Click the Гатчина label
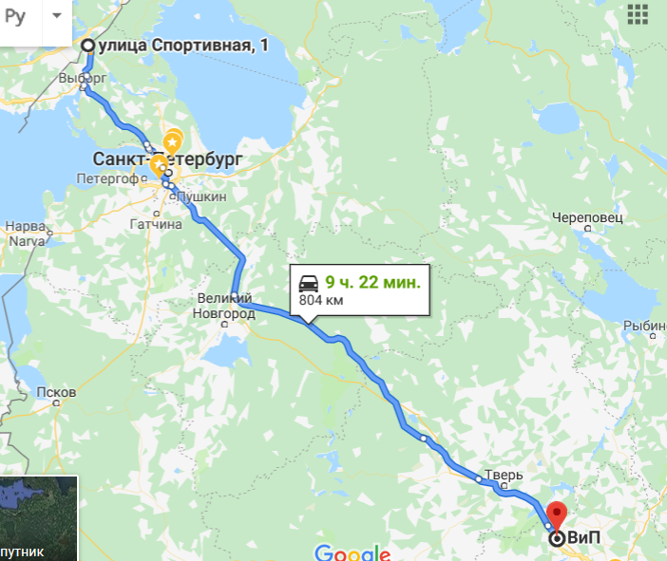[x=156, y=225]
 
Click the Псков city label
[x=55, y=392]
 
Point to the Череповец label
[x=588, y=217]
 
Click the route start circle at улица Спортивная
[x=87, y=46]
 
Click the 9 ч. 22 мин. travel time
[x=372, y=282]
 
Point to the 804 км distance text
[x=321, y=300]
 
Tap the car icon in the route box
[x=309, y=283]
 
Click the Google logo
[x=352, y=553]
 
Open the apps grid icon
[x=638, y=15]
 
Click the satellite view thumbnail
[x=38, y=517]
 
